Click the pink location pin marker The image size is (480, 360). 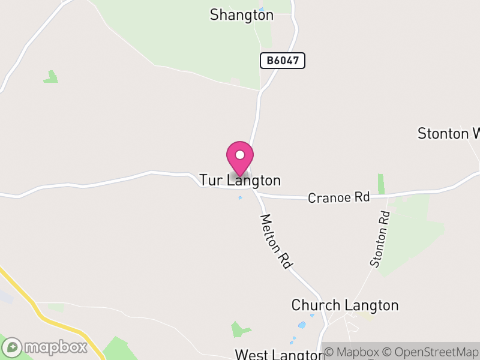click(x=240, y=158)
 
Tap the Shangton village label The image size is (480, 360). click(x=241, y=15)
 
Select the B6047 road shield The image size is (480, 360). click(x=283, y=60)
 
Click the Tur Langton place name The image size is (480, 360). click(x=240, y=180)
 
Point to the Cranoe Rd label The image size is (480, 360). click(x=338, y=197)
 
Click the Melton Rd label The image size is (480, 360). click(x=276, y=241)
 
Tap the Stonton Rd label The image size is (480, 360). click(x=380, y=238)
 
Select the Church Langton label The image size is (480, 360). click(x=344, y=305)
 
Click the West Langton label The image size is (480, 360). click(x=275, y=354)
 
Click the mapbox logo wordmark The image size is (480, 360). click(x=55, y=347)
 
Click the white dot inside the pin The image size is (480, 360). click(x=240, y=155)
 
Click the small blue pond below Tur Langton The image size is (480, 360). click(x=240, y=197)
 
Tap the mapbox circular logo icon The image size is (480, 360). click(x=12, y=347)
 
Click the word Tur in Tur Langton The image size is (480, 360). click(x=211, y=180)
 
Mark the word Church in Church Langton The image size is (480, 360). click(x=315, y=305)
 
